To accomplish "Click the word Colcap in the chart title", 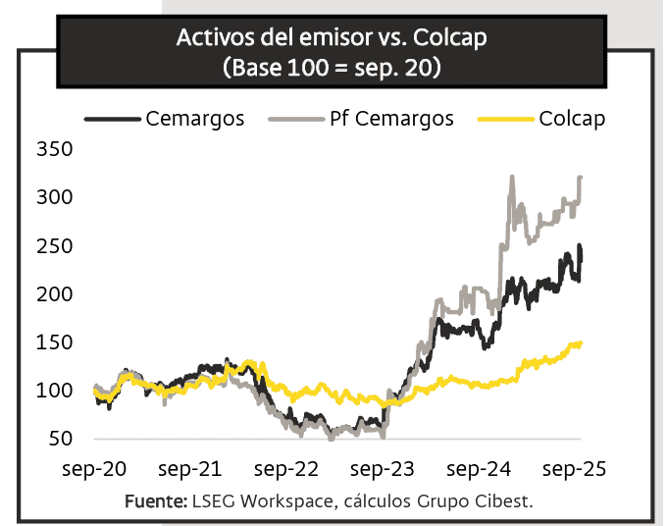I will coord(450,40).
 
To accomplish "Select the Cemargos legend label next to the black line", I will coord(195,119).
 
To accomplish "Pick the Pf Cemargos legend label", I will coord(390,119).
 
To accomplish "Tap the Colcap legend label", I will coord(572,119).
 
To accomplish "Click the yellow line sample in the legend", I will coord(505,120).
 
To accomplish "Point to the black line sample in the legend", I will coord(112,120).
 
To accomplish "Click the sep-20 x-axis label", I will coord(96,470).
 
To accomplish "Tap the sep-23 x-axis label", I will coord(385,470).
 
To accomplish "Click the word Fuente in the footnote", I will coord(155,502).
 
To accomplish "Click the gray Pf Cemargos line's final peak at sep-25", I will coord(581,178).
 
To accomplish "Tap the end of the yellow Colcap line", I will coord(581,343).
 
